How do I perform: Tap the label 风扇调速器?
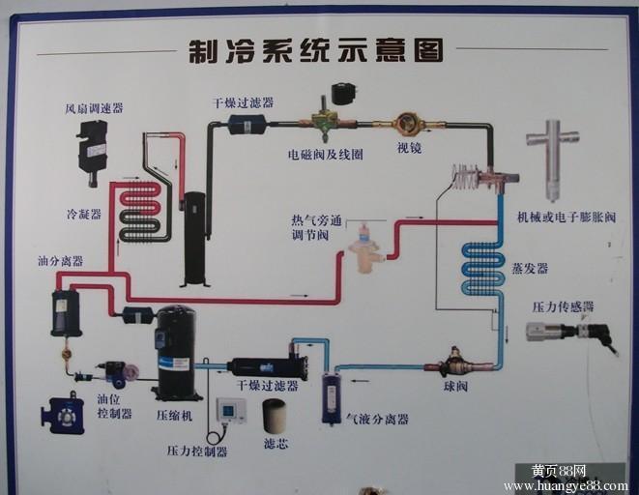95,108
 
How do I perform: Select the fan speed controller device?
93,149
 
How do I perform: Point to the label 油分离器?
60,260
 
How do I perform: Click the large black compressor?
176,352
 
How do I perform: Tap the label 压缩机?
175,415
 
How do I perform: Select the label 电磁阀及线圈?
326,154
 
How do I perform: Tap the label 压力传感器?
563,306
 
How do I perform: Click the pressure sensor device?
566,332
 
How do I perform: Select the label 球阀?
455,387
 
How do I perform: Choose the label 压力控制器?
197,451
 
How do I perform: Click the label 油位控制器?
114,406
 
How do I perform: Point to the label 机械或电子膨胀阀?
566,218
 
